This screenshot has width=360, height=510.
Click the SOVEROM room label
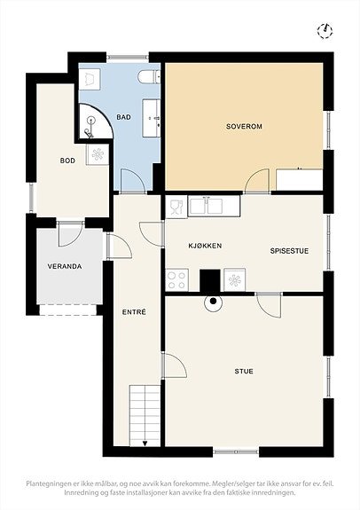tap(244, 126)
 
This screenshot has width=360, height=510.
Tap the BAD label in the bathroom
tap(124, 117)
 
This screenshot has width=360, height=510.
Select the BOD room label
tap(67, 161)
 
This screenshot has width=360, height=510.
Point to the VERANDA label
tap(65, 266)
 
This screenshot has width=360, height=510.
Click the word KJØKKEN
tap(205, 245)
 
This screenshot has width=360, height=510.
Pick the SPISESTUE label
tap(289, 251)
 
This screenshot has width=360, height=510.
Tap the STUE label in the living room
tap(244, 371)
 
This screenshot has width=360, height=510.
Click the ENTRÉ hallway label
tap(134, 312)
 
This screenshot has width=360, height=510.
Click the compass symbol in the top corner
tap(325, 31)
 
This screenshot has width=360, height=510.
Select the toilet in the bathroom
tap(149, 78)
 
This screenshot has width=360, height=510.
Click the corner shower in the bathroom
tap(94, 122)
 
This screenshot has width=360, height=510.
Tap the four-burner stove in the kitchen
tap(177, 280)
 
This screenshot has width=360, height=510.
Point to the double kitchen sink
tap(214, 206)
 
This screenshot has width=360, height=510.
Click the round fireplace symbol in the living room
tap(214, 302)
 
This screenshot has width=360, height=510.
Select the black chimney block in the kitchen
tap(210, 280)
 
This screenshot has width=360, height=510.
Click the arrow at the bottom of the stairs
tap(145, 443)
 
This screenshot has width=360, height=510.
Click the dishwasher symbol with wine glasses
tap(176, 207)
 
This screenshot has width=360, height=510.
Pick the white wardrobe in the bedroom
tap(299, 179)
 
